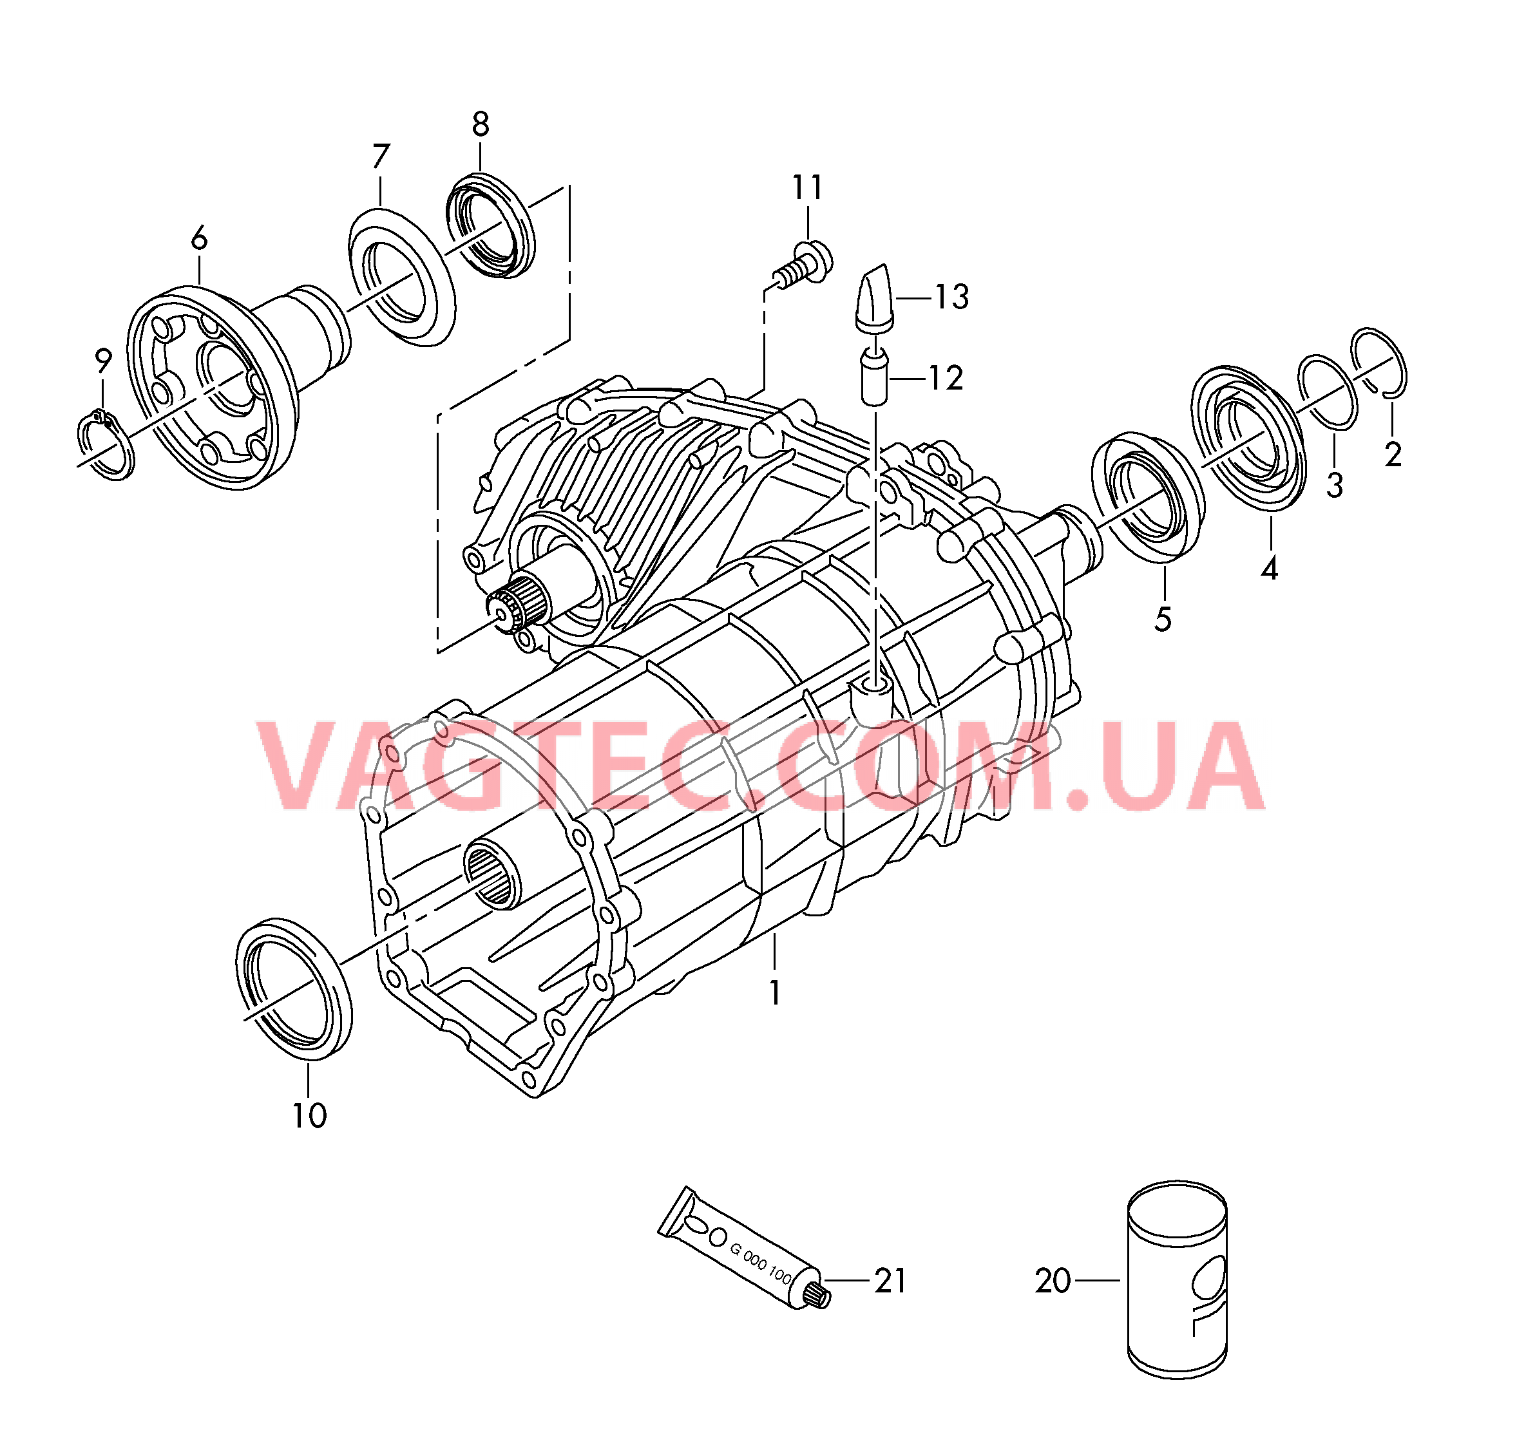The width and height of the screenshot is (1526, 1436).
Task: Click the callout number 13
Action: tap(952, 297)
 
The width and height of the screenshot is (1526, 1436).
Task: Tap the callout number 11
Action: tap(808, 187)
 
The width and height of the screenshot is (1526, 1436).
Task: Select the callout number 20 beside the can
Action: tap(1053, 1281)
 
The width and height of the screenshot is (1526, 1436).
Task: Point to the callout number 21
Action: tap(890, 1281)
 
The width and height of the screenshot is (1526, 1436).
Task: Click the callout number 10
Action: tap(309, 1116)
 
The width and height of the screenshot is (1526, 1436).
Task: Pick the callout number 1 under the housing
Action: tap(776, 993)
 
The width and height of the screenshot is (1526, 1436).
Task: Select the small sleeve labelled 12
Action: tap(874, 377)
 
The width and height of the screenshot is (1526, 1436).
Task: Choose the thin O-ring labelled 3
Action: tap(1327, 392)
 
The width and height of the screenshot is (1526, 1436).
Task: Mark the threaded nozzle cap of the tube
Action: tap(820, 1296)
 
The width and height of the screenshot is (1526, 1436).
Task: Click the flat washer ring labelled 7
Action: tap(401, 276)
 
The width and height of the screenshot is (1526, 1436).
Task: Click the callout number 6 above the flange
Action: tap(199, 240)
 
